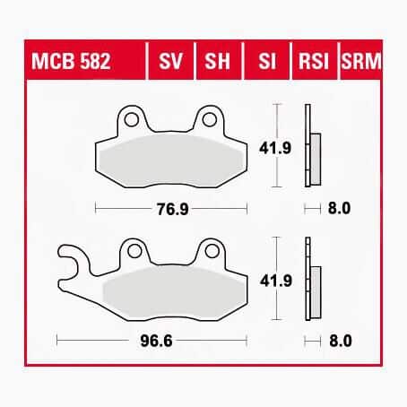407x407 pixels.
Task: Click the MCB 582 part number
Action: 71,61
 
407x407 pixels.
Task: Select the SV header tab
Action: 170,61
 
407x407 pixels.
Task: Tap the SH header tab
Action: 218,61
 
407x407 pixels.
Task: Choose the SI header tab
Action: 266,61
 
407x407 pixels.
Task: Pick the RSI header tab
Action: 314,61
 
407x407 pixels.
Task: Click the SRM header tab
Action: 361,61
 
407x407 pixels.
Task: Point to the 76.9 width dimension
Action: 173,209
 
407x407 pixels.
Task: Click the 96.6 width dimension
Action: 156,341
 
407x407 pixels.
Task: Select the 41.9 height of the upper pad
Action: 275,148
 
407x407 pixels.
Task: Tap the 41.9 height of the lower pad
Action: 276,281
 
